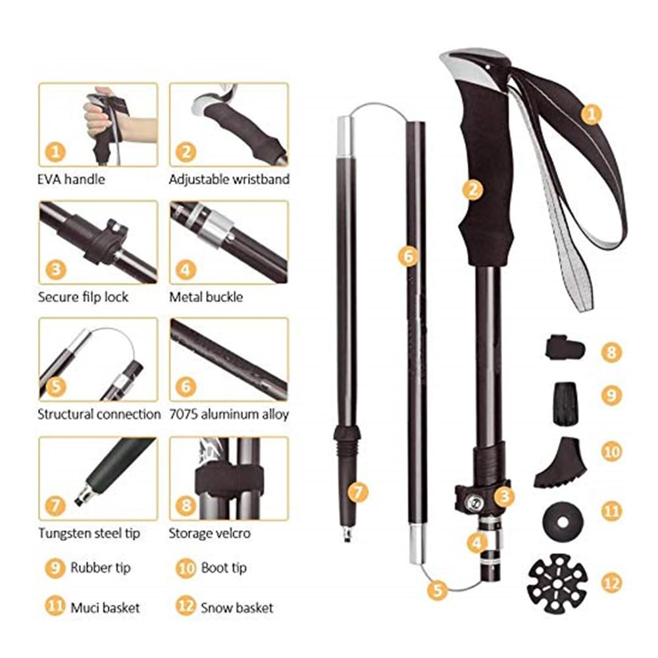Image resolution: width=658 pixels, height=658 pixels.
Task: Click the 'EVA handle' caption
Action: (71, 179)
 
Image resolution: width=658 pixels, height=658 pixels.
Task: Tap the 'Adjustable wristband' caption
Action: (229, 179)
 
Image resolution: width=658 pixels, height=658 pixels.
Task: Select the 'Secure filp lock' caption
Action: (83, 297)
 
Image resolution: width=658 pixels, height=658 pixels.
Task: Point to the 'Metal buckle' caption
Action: (206, 297)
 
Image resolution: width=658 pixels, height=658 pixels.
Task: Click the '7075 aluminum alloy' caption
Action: (229, 414)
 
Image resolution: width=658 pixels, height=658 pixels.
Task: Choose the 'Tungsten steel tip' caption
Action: (89, 533)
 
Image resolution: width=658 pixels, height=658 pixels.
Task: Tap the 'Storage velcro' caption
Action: (209, 533)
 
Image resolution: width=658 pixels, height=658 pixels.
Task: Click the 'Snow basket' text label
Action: (237, 607)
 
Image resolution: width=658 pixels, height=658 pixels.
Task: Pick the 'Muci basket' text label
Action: (105, 607)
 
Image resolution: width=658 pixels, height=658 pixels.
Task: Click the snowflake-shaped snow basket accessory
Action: (557, 583)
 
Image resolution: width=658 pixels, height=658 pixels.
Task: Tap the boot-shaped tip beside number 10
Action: (560, 463)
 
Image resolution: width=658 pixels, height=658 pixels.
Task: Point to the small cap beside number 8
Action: (565, 347)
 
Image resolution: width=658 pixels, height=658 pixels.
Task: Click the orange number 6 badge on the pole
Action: (409, 255)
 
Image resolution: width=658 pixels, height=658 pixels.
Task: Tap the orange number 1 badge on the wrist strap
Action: (591, 114)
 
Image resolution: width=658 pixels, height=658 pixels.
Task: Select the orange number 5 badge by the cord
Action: (438, 590)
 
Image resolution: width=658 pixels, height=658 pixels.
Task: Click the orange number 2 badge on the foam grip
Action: (473, 190)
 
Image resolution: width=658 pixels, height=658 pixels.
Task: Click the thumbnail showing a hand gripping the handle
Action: (98, 124)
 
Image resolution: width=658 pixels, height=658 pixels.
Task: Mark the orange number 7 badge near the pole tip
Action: (357, 492)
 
